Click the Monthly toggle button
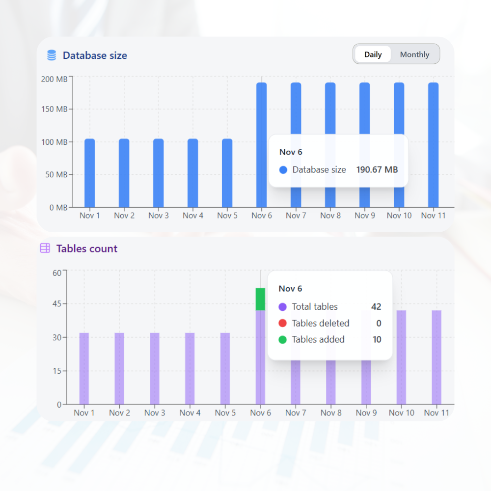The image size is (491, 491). tap(414, 55)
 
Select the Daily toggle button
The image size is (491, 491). tap(373, 55)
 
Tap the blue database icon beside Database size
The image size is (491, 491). tap(52, 55)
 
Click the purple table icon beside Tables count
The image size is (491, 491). tap(45, 248)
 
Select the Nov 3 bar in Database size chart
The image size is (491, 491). tap(159, 173)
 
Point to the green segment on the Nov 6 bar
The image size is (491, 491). tap(260, 299)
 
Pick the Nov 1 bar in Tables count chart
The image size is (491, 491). tap(84, 368)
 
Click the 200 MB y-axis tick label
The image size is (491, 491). tap(54, 79)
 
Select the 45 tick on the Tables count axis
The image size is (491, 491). tap(58, 303)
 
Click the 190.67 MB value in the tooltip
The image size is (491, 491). tap(377, 170)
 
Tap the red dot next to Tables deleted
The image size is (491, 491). tap(282, 323)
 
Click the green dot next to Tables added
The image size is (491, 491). tap(282, 339)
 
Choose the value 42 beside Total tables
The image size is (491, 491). tap(376, 307)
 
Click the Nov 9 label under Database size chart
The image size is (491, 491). tap(365, 216)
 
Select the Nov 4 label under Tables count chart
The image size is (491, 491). tap(190, 413)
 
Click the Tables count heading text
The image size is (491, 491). tap(87, 248)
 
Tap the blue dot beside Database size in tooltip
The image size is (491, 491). tap(283, 170)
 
